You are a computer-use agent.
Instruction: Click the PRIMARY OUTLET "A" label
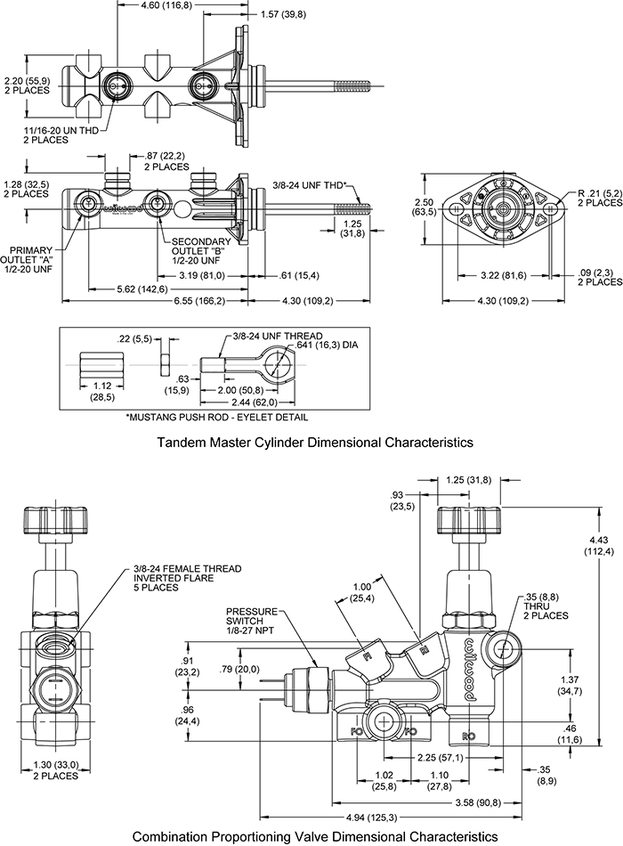(x=41, y=259)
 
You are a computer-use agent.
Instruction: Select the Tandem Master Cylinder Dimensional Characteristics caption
(x=313, y=442)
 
